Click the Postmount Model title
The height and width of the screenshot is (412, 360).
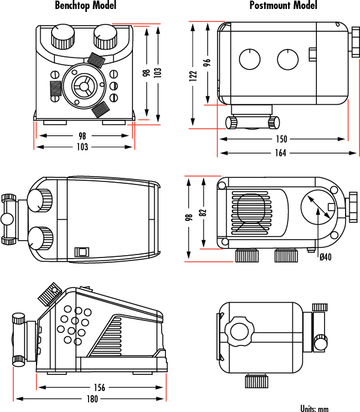click(283, 6)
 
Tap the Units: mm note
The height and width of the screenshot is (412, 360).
click(314, 408)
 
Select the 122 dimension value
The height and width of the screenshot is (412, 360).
click(193, 75)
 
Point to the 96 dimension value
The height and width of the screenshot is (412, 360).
click(207, 62)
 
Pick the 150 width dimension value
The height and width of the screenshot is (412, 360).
click(281, 139)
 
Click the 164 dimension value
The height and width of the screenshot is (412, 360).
click(281, 153)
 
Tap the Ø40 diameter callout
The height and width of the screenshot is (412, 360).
click(325, 257)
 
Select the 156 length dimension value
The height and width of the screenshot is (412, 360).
click(99, 387)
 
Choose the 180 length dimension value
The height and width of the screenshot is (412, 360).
click(92, 399)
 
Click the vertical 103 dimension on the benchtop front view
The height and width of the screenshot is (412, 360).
click(158, 71)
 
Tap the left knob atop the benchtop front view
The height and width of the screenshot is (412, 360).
click(60, 37)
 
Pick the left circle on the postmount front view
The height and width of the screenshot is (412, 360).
click(249, 59)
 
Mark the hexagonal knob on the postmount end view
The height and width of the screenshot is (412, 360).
click(240, 332)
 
